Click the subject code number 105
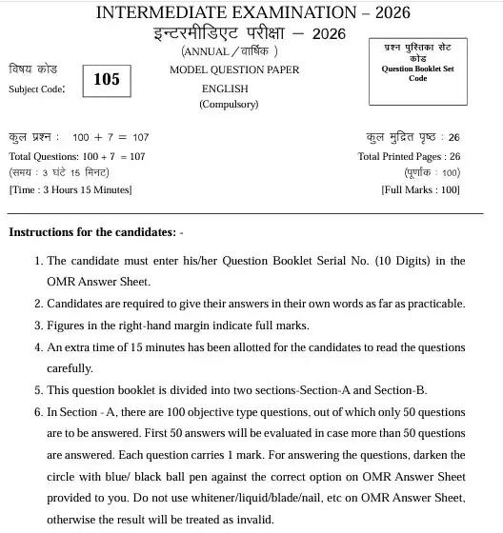107,80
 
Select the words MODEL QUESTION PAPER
234,69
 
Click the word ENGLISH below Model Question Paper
228,88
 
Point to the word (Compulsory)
229,105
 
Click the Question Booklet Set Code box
418,71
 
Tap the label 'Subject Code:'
37,89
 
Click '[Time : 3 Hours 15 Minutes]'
70,189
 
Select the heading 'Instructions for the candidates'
91,232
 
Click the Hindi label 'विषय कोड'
32,70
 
